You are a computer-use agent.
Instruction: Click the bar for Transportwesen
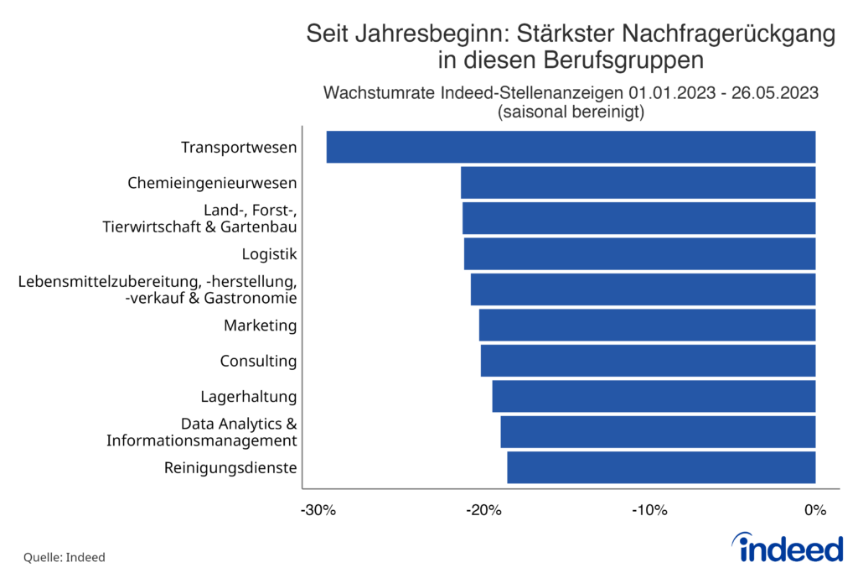[x=571, y=147]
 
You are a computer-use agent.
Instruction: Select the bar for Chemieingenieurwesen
[x=638, y=182]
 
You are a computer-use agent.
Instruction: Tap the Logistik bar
[x=639, y=253]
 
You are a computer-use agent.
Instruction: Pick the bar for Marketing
[x=647, y=325]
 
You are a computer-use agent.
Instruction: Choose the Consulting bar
[x=648, y=361]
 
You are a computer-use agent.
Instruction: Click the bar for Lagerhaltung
[x=654, y=396]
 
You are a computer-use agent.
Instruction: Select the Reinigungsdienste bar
[x=661, y=467]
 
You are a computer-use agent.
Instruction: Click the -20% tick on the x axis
[x=483, y=510]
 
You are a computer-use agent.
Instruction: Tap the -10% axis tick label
[x=649, y=510]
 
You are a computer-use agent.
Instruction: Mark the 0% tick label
[x=815, y=510]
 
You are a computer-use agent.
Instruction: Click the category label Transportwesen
[x=239, y=148]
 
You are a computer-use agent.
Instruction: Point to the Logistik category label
[x=269, y=253]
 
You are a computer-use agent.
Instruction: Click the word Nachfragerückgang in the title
[x=709, y=34]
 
